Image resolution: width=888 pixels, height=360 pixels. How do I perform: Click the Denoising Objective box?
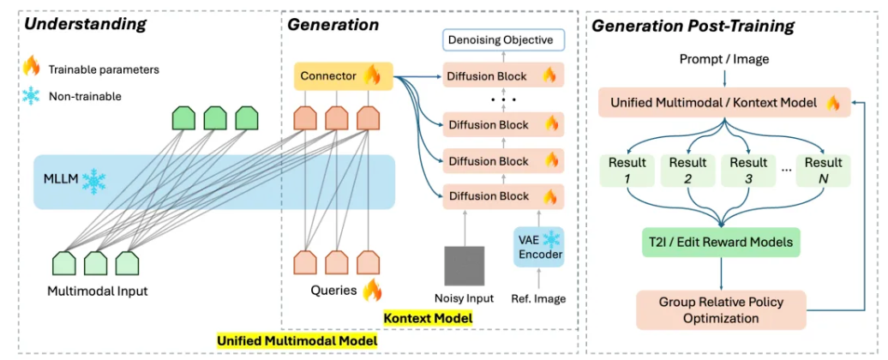498,39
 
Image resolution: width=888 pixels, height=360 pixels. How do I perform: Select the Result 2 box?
687,170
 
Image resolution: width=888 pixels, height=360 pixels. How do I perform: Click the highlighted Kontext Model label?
429,318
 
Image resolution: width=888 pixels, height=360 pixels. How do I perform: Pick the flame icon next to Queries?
372,291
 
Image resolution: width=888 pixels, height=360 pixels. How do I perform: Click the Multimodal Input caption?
97,291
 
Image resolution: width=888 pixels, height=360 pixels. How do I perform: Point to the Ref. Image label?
538,298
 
